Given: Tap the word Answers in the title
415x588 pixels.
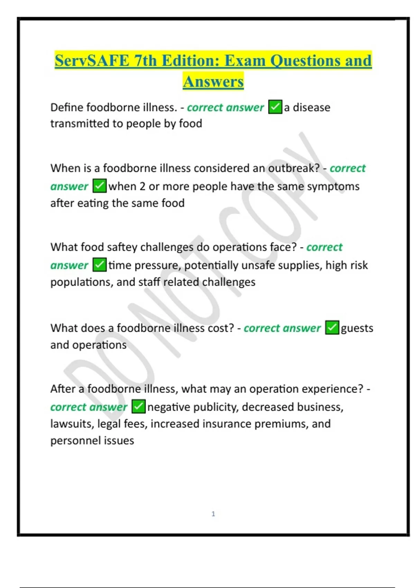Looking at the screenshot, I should pyautogui.click(x=213, y=82).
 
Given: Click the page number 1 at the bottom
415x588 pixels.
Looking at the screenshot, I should pyautogui.click(x=213, y=514).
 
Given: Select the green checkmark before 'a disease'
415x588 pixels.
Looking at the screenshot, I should pyautogui.click(x=275, y=107).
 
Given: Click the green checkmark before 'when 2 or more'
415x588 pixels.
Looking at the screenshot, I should pyautogui.click(x=100, y=186).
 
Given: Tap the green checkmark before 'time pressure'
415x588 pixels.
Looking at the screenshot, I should pyautogui.click(x=100, y=265).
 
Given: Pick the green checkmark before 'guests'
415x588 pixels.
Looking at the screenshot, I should pyautogui.click(x=332, y=328).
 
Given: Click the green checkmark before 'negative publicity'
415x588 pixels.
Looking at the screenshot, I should pyautogui.click(x=138, y=406).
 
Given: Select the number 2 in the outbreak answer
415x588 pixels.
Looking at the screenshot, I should pyautogui.click(x=142, y=186).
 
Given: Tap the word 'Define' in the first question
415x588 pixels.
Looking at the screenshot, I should pyautogui.click(x=67, y=107).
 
